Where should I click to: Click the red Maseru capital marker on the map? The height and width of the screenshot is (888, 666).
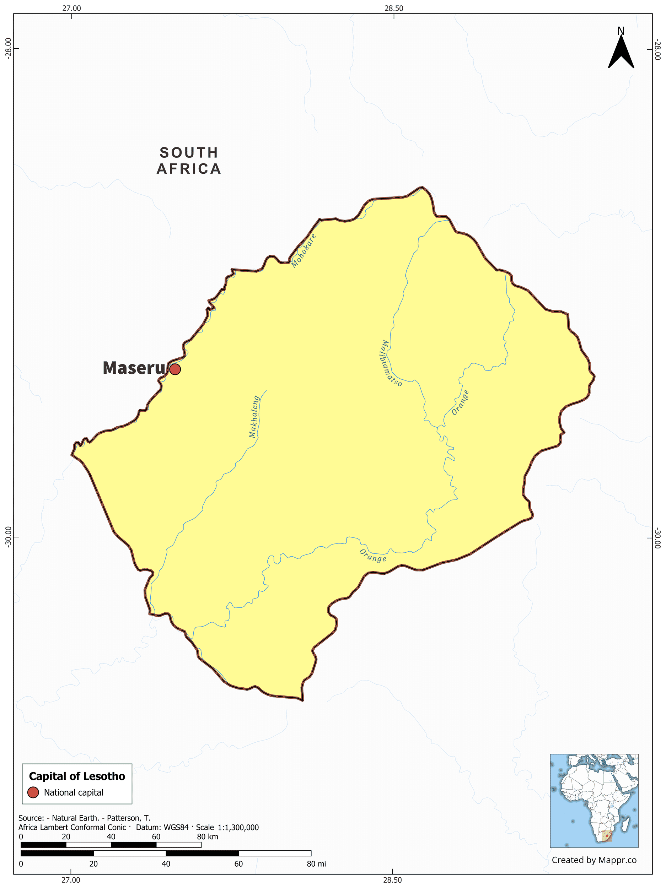pyautogui.click(x=175, y=369)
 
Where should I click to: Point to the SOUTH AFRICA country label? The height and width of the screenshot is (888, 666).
pyautogui.click(x=189, y=161)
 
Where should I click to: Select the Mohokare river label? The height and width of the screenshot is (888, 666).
pyautogui.click(x=304, y=250)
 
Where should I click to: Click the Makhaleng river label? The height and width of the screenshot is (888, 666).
pyautogui.click(x=254, y=416)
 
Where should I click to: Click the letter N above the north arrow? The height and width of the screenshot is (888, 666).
pyautogui.click(x=621, y=31)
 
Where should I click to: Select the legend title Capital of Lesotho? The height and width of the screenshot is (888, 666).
pyautogui.click(x=77, y=776)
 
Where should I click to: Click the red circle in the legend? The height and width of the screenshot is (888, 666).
pyautogui.click(x=33, y=792)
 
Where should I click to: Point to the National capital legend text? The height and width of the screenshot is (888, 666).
pyautogui.click(x=74, y=792)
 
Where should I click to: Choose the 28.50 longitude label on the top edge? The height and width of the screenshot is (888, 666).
pyautogui.click(x=394, y=9)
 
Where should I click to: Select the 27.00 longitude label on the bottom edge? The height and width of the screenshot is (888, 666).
pyautogui.click(x=71, y=879)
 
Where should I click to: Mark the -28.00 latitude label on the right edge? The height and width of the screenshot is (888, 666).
pyautogui.click(x=657, y=49)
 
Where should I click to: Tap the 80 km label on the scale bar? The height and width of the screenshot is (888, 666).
pyautogui.click(x=207, y=836)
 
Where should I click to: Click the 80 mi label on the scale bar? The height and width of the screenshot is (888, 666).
pyautogui.click(x=316, y=863)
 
